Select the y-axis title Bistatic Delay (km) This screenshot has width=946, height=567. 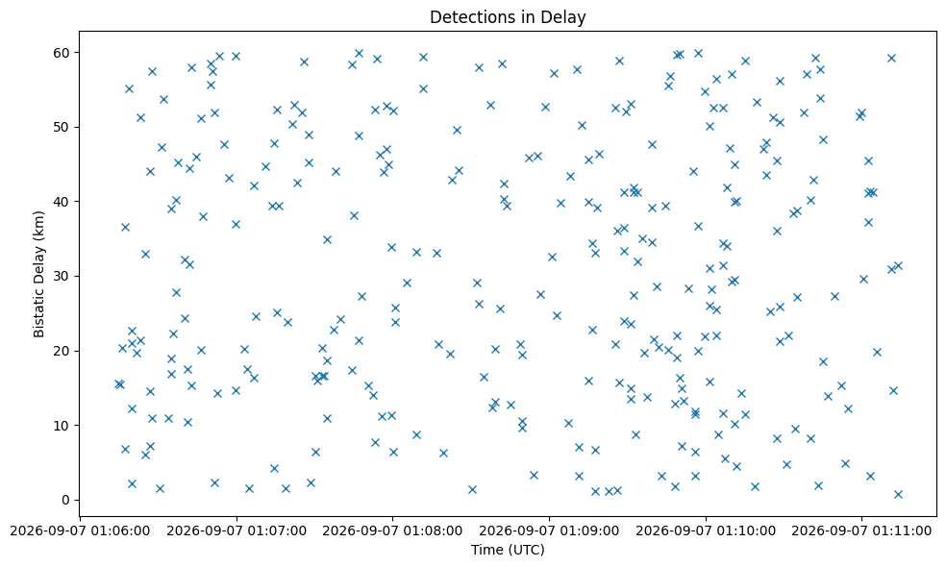click(x=39, y=274)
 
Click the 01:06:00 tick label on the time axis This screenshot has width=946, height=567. click(x=80, y=530)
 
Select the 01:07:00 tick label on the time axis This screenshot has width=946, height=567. click(x=236, y=530)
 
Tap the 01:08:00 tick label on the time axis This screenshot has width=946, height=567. click(x=393, y=530)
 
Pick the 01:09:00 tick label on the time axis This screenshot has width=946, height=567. click(x=549, y=530)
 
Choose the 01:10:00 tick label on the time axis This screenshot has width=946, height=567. click(x=706, y=530)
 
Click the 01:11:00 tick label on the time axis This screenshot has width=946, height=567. click(x=861, y=530)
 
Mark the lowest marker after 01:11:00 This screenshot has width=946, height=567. click(x=898, y=494)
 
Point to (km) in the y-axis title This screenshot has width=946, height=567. click(x=39, y=223)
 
